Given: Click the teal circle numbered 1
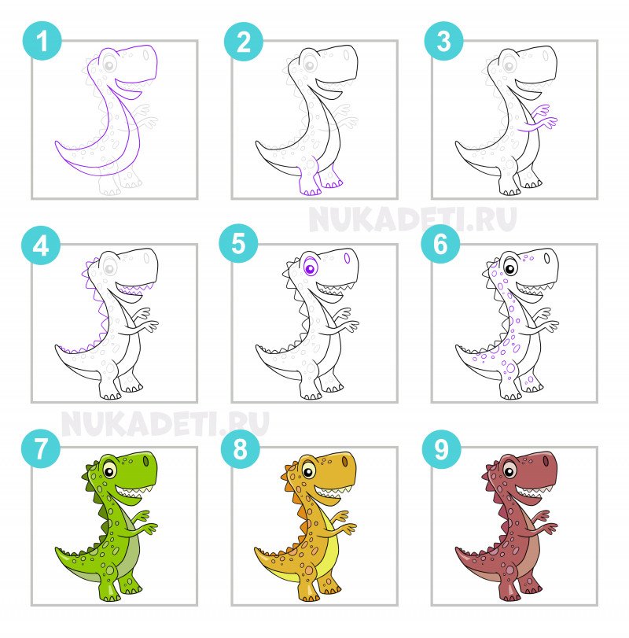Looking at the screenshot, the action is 42,41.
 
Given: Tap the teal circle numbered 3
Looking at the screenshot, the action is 443,41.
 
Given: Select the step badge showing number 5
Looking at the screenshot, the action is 238,243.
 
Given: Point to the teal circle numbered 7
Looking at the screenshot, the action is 41,448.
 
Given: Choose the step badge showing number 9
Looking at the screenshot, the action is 442,449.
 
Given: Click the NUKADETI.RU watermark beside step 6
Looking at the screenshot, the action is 412,219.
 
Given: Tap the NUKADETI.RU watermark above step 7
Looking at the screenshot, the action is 164,424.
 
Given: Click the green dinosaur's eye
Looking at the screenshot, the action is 109,471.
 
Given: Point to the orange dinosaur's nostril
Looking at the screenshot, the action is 345,462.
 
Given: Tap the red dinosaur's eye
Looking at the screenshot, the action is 509,471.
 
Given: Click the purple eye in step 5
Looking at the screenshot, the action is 311,268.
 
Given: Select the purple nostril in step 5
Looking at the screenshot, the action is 347,258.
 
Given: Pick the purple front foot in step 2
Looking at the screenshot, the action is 310,180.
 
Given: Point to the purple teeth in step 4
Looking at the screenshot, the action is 135,289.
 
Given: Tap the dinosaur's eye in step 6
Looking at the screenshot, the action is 509,268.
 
